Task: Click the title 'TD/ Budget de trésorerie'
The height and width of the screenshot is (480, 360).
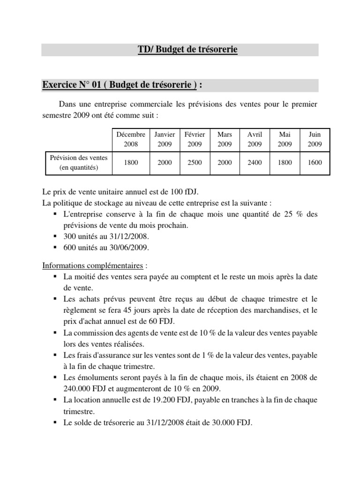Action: pyautogui.click(x=187, y=50)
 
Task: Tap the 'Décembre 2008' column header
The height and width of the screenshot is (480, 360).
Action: pyautogui.click(x=131, y=139)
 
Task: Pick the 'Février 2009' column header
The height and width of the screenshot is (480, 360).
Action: pyautogui.click(x=195, y=139)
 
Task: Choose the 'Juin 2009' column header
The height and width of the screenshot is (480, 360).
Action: pyautogui.click(x=315, y=139)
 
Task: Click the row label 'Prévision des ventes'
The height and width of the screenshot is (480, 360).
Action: pyautogui.click(x=79, y=163)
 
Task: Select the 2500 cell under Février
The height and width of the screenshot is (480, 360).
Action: pyautogui.click(x=195, y=163)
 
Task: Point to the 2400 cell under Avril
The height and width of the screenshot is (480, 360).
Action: pyautogui.click(x=255, y=163)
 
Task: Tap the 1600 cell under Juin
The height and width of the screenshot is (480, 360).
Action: pyautogui.click(x=315, y=163)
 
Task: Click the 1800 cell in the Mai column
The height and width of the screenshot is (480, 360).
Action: pyautogui.click(x=285, y=163)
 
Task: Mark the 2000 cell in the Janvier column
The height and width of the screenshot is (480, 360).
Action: pyautogui.click(x=165, y=163)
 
